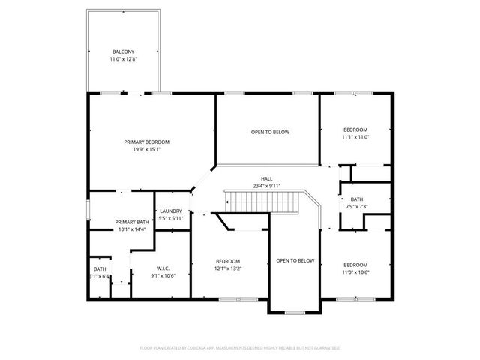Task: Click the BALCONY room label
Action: click(123, 51)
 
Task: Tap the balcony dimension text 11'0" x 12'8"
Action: click(123, 58)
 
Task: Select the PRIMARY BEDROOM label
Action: click(146, 142)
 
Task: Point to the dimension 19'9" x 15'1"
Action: click(146, 149)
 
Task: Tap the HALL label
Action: click(266, 178)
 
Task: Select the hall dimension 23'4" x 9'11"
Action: click(266, 186)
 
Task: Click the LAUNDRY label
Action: click(170, 211)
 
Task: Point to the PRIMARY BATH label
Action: click(131, 222)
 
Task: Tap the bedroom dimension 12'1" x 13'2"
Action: click(228, 268)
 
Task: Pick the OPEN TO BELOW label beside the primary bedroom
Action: click(270, 132)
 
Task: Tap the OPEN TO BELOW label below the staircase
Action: click(295, 260)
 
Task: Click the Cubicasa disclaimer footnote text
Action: click(240, 348)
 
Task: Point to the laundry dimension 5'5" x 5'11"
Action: click(170, 218)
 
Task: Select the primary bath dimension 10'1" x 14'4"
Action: click(131, 229)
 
